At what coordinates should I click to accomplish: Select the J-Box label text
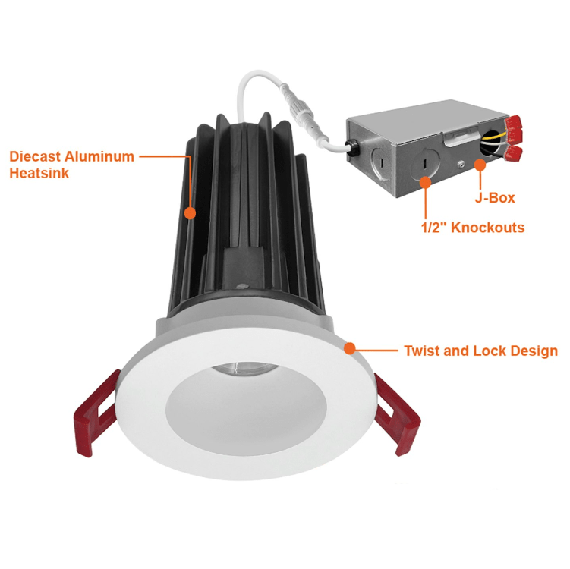click(496, 198)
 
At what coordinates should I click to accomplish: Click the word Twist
click(423, 351)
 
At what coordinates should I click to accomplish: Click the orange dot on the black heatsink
click(189, 213)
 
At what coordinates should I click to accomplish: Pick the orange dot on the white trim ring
click(349, 349)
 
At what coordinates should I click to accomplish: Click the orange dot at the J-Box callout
click(480, 164)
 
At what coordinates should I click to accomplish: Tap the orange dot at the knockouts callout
click(425, 182)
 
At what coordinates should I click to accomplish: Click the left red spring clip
click(96, 414)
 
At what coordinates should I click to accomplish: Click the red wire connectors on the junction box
click(514, 141)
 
